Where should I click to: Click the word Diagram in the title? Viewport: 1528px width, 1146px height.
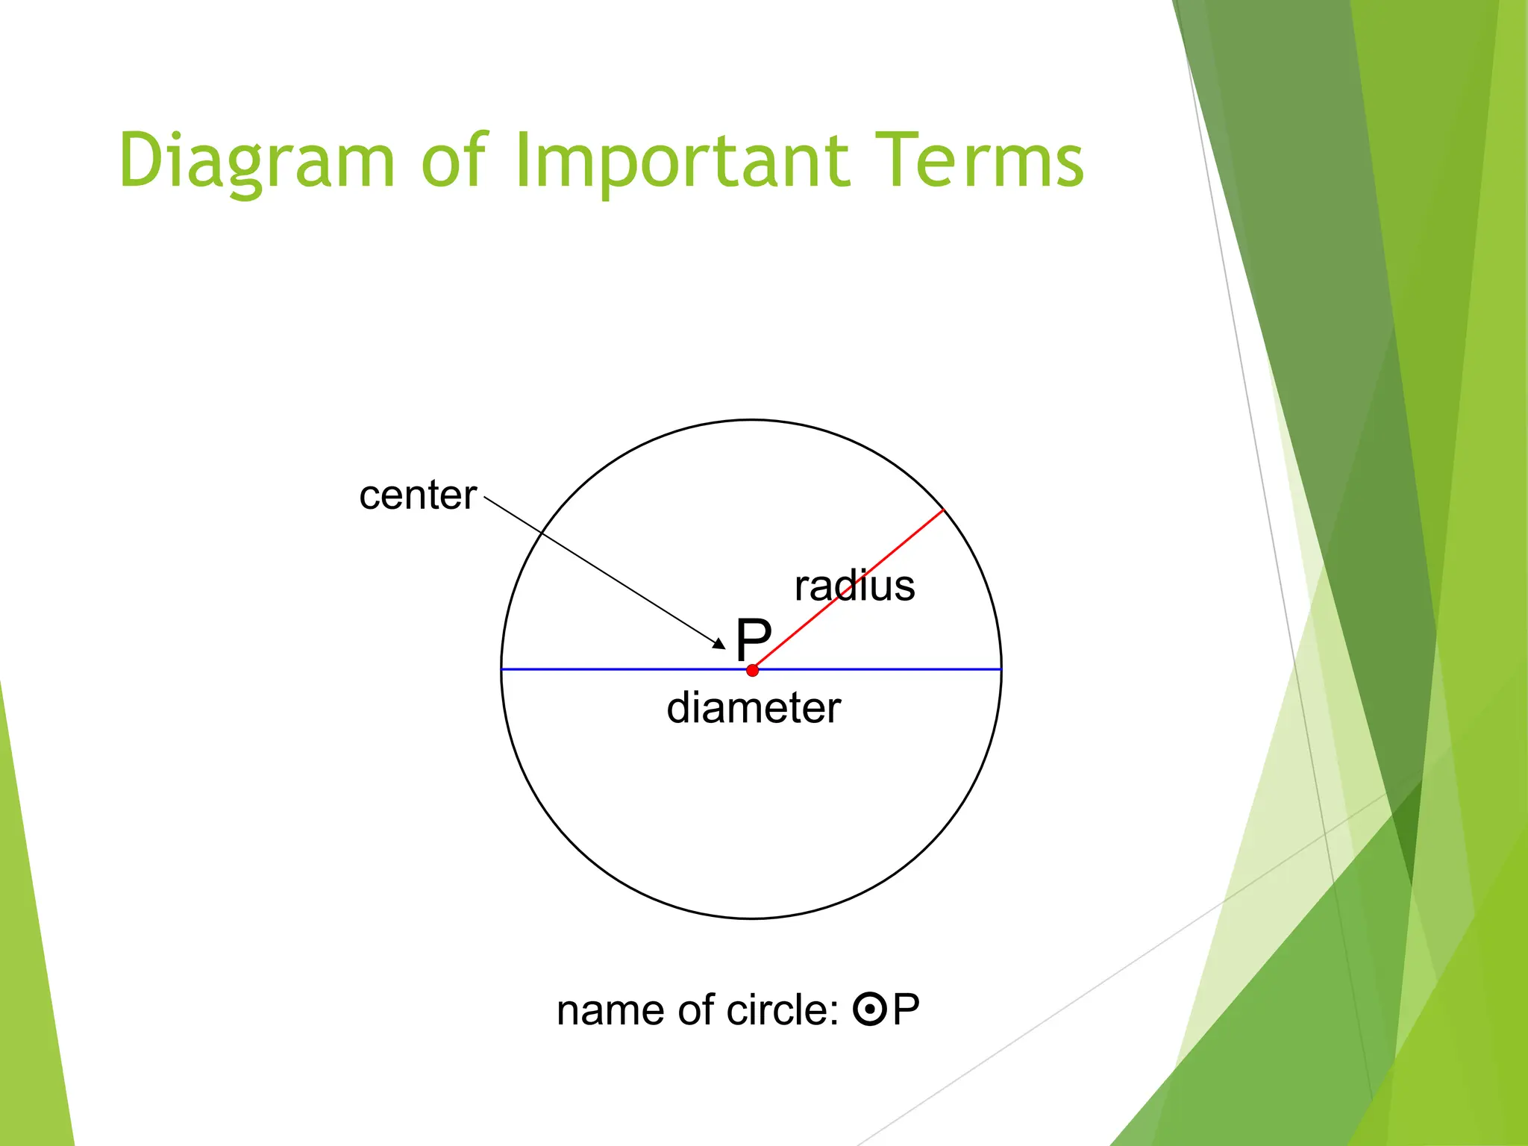(x=256, y=161)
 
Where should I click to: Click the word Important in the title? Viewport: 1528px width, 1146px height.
(x=682, y=161)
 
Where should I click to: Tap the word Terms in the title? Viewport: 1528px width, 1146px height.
(x=979, y=160)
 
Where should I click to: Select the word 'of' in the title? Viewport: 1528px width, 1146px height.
(x=454, y=160)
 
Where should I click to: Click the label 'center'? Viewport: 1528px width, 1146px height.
(x=417, y=495)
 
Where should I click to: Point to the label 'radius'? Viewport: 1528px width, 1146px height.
(x=854, y=586)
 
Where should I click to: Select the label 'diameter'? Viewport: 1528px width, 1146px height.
(x=754, y=707)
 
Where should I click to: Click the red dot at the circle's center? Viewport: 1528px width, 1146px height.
(x=752, y=670)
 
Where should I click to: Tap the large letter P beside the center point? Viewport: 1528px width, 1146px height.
(x=753, y=639)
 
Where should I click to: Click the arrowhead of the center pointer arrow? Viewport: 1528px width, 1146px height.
(x=720, y=644)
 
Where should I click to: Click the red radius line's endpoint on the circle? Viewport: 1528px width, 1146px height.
(x=944, y=510)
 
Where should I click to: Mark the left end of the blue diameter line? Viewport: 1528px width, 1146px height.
(x=502, y=669)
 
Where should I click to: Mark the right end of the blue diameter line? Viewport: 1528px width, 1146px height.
(x=1001, y=669)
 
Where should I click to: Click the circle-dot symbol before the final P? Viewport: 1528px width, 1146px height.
(x=869, y=1010)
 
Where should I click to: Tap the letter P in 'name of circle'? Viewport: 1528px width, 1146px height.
(x=906, y=1010)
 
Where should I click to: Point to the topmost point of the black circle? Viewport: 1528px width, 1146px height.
(x=751, y=420)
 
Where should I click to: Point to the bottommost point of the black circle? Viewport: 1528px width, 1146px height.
(x=751, y=918)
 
